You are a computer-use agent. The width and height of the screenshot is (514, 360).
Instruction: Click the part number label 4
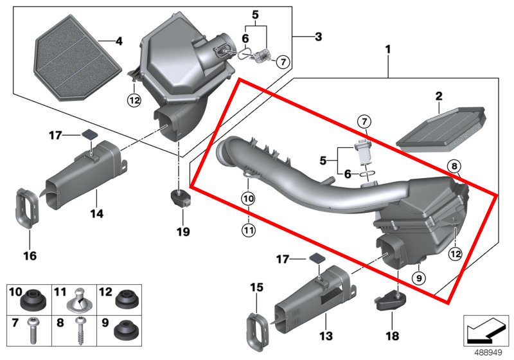(118, 42)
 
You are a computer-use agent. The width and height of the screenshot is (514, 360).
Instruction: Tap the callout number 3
(317, 37)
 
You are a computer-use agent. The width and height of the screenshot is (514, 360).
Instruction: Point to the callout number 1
(387, 49)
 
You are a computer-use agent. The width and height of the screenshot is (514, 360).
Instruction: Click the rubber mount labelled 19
(181, 198)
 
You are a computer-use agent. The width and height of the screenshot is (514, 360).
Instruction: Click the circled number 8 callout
(454, 166)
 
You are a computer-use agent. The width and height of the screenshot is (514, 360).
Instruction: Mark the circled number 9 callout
(417, 278)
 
